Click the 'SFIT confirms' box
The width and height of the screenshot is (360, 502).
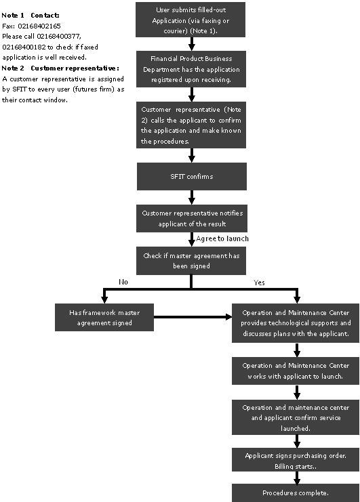tap(192, 176)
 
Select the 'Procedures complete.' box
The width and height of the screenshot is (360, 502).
tap(296, 493)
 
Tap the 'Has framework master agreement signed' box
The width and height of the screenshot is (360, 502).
tap(104, 317)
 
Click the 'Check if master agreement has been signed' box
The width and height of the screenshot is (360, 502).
tap(191, 261)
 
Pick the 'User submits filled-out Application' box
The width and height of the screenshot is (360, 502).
tap(191, 20)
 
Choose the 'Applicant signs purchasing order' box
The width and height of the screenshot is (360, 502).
tap(296, 459)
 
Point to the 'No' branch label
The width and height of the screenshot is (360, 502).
tap(123, 282)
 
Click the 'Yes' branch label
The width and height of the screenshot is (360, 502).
tap(259, 283)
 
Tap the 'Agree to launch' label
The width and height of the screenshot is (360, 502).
tap(222, 238)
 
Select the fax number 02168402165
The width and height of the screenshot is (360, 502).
tap(39, 26)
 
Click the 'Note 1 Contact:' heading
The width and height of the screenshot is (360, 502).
tap(31, 15)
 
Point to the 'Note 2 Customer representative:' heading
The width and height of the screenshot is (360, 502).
tap(60, 68)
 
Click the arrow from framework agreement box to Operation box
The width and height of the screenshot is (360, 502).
tap(193, 317)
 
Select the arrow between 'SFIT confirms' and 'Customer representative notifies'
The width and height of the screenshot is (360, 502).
tap(192, 197)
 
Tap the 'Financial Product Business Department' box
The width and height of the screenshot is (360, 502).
tap(191, 69)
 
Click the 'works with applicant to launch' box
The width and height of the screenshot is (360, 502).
tap(296, 371)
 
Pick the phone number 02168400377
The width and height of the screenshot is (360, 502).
tap(58, 36)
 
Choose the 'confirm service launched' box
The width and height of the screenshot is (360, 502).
tap(296, 417)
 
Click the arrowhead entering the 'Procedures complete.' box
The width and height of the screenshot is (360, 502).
tap(297, 481)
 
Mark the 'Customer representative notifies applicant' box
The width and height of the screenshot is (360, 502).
tap(192, 218)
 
